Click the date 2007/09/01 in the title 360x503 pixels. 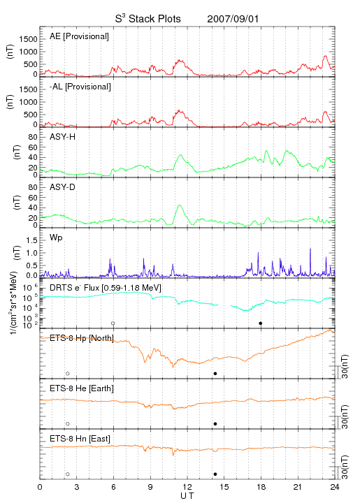tap(233, 19)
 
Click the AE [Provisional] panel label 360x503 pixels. tap(79, 36)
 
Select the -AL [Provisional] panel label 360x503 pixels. tap(80, 87)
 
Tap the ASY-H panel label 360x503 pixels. tap(62, 137)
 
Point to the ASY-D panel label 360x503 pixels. tap(62, 187)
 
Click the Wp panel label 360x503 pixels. tap(56, 238)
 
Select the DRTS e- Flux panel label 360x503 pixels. tap(106, 288)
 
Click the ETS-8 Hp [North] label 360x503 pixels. tap(82, 338)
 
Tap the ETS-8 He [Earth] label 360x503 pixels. tap(82, 388)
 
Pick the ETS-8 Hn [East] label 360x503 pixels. tap(80, 439)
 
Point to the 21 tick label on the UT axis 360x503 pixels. tap(298, 487)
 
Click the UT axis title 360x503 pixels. tap(187, 496)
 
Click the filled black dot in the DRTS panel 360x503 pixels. tap(261, 323)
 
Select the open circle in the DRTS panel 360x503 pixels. tap(113, 323)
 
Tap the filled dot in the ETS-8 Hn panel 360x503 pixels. tap(215, 474)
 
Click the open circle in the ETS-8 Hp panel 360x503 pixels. tap(68, 373)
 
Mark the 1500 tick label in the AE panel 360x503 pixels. tap(28, 39)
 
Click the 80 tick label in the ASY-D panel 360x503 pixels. tap(33, 187)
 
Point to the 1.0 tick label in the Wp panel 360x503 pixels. tap(31, 253)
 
